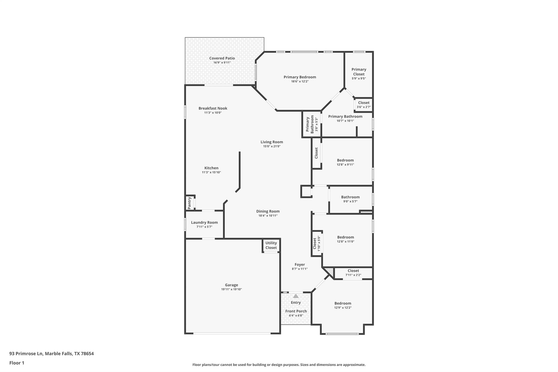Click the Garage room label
[x=231, y=285]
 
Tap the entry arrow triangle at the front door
[x=296, y=296]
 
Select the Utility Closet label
[x=271, y=245]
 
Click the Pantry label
[x=189, y=203]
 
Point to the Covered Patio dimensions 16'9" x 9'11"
[x=222, y=63]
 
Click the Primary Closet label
[x=359, y=72]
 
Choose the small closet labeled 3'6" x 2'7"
[x=364, y=105]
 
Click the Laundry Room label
[x=204, y=222]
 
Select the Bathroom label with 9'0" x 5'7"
[x=350, y=197]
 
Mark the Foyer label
[x=299, y=264]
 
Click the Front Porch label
[x=296, y=311]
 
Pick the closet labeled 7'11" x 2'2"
[x=353, y=273]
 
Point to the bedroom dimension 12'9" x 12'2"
[x=343, y=308]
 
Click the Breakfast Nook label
[x=213, y=108]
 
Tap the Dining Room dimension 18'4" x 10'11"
[x=268, y=216]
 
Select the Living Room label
[x=272, y=142]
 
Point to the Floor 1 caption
[x=17, y=363]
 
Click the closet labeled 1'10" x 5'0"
[x=316, y=243]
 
